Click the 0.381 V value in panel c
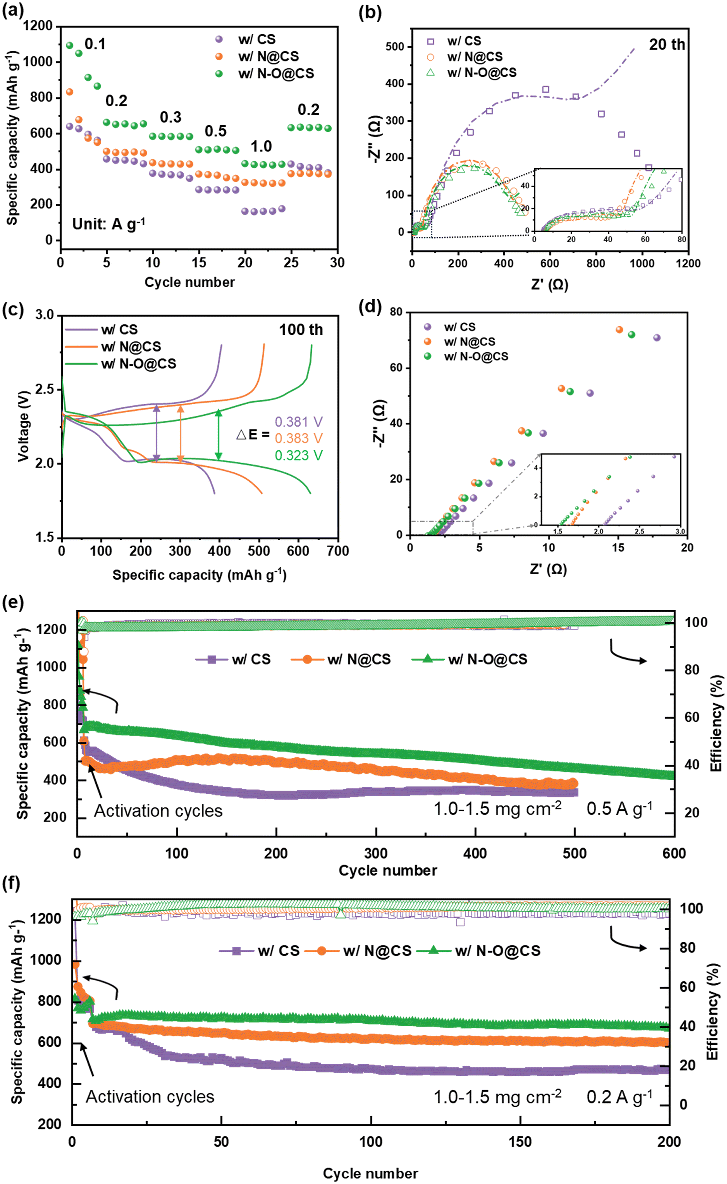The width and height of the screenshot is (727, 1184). (x=299, y=422)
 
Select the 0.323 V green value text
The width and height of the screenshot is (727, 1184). (x=299, y=455)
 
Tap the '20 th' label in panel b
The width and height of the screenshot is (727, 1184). (x=667, y=45)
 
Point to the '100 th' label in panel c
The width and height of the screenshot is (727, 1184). (x=301, y=330)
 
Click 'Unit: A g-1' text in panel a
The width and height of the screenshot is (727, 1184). (x=109, y=224)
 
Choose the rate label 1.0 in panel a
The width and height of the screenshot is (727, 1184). (x=261, y=146)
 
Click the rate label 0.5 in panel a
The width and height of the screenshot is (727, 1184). (x=216, y=131)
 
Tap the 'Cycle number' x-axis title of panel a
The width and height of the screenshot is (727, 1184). (x=189, y=282)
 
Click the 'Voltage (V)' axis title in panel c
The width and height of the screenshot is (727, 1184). (x=23, y=426)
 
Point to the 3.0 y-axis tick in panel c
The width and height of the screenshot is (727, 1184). (x=44, y=315)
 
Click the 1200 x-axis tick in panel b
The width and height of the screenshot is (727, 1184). (x=688, y=263)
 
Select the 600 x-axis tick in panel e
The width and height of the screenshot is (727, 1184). (x=674, y=853)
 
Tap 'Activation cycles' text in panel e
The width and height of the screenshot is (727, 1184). (x=158, y=811)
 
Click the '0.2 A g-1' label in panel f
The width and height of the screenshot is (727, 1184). (x=619, y=1097)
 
